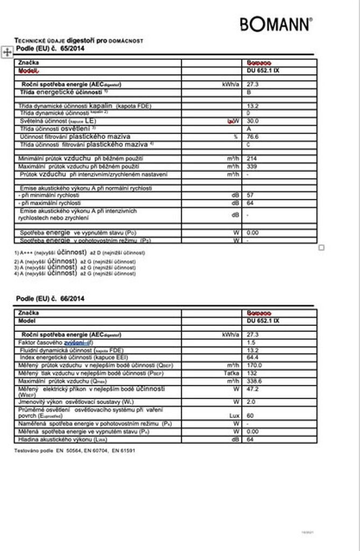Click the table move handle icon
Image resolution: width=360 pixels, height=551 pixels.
(7, 52)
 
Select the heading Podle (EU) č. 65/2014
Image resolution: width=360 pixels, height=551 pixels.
(51, 48)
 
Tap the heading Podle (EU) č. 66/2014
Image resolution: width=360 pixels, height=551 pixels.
(51, 299)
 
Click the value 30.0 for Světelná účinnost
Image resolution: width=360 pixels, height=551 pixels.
(253, 122)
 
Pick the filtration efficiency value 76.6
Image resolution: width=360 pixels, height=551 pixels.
(253, 137)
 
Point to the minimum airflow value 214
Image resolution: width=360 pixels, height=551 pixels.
(251, 159)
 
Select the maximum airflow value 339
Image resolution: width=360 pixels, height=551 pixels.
(251, 167)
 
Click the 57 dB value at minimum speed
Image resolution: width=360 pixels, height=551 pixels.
(250, 196)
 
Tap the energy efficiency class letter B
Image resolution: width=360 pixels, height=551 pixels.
(249, 93)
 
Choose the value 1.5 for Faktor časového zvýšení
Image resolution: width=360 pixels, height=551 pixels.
(251, 343)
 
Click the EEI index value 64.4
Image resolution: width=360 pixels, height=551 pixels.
(252, 357)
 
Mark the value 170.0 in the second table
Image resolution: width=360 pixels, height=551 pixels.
(254, 365)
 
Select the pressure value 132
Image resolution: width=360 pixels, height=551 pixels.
(251, 373)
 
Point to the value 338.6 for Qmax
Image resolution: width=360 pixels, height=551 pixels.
(254, 381)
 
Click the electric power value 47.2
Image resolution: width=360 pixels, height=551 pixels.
(252, 388)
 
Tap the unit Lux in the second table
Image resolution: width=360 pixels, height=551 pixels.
(234, 416)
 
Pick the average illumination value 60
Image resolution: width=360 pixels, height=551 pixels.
(250, 416)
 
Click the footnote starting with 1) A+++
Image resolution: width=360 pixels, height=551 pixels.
(79, 252)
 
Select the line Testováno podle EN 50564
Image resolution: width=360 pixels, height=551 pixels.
(74, 450)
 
